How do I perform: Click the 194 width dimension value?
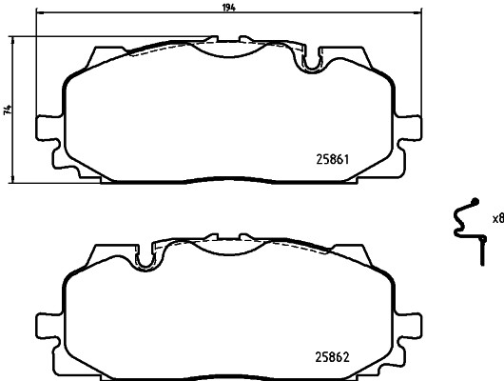tap(229, 8)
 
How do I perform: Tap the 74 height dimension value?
tap(8, 110)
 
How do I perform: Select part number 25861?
tap(334, 161)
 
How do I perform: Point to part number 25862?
tap(334, 359)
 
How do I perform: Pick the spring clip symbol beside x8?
tap(465, 229)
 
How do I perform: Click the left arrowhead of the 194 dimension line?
tap(38, 14)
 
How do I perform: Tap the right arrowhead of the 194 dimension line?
tap(417, 14)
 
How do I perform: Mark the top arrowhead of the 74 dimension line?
tap(13, 40)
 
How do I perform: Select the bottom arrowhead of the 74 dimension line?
tap(13, 180)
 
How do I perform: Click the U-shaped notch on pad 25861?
tap(310, 64)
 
